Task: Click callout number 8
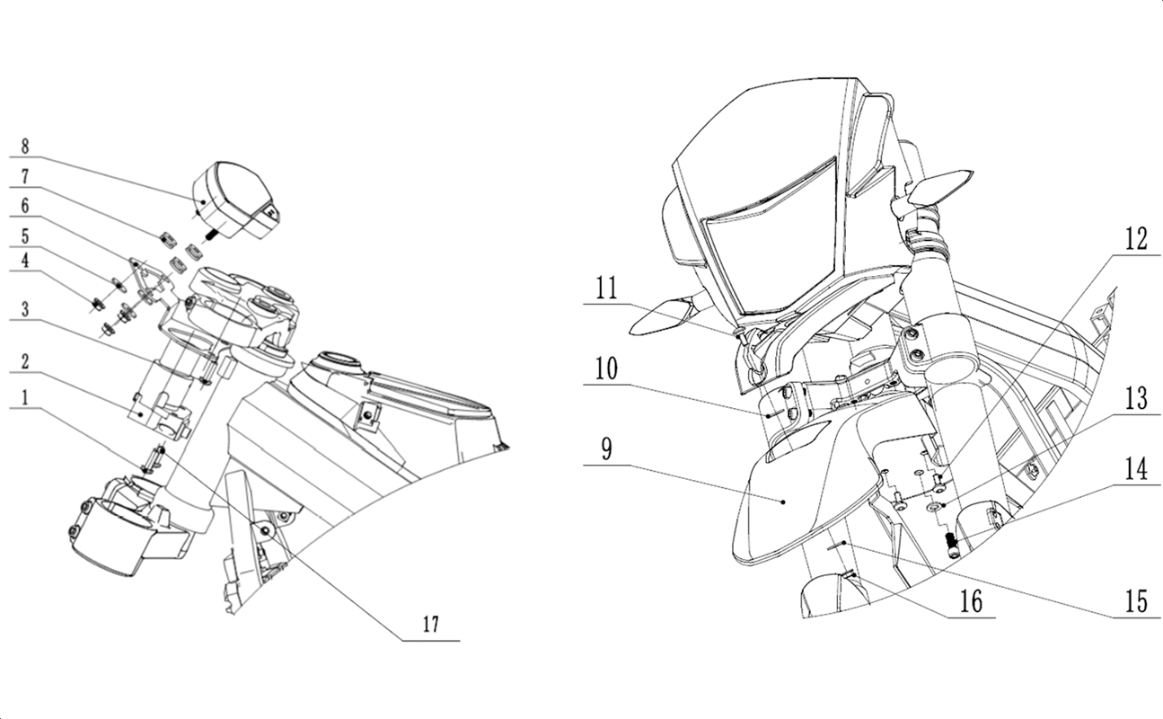(25, 146)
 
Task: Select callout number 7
(25, 177)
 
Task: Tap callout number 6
(25, 206)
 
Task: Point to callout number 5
(25, 237)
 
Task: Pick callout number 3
(25, 310)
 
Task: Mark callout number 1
(25, 398)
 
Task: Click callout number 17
(431, 624)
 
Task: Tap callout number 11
(606, 288)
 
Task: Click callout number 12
(1136, 239)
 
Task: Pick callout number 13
(1136, 398)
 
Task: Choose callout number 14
(1136, 469)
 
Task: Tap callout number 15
(1136, 601)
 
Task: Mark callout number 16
(971, 601)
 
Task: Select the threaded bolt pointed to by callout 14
(952, 546)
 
